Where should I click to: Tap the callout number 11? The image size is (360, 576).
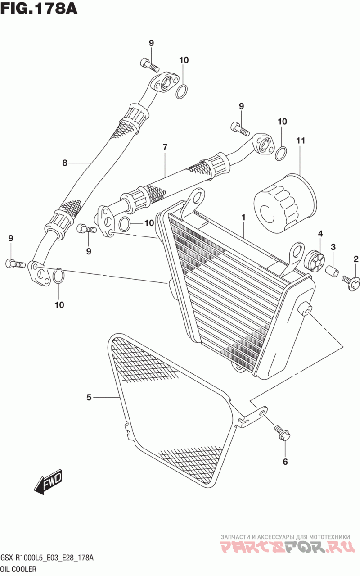pos(301,141)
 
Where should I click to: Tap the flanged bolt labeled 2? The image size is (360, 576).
pos(350,281)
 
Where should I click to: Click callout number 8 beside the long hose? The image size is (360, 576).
pos(65,163)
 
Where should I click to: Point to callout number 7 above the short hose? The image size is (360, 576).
pos(165,147)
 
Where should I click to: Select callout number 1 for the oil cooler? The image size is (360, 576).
pos(243,217)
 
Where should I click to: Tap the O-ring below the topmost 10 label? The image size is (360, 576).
pos(181,91)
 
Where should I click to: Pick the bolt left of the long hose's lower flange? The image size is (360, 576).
pos(15,263)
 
